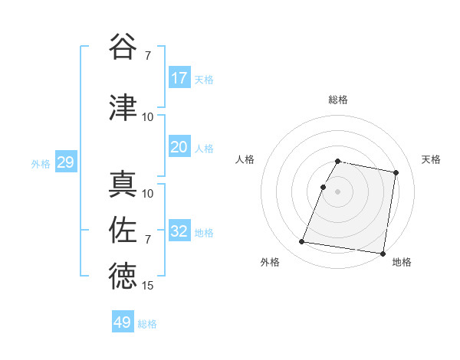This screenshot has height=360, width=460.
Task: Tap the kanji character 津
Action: point(123,108)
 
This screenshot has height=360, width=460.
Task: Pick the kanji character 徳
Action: point(123,276)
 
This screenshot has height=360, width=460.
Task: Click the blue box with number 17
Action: point(179,77)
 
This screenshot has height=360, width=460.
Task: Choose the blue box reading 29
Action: point(65,162)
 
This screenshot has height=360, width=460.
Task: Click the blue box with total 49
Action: point(123,322)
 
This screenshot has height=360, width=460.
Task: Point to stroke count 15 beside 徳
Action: point(148,286)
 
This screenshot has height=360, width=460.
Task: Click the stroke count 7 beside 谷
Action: point(148,55)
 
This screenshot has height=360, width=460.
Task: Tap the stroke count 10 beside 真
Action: point(148,194)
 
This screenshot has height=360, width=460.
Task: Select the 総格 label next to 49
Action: point(147,324)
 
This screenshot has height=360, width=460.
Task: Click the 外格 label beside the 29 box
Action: point(41,163)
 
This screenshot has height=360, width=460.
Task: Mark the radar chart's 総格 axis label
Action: point(338,100)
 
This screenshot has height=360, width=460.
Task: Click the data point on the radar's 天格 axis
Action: point(396,173)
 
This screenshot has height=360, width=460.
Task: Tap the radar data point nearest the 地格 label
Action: point(382,253)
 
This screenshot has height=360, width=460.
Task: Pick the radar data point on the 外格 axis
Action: point(301,242)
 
